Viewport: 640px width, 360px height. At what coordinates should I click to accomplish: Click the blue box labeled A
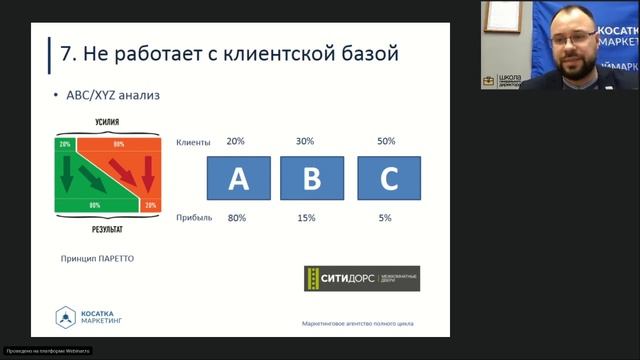coord(238,179)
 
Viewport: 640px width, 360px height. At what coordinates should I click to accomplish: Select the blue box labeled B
coord(312,179)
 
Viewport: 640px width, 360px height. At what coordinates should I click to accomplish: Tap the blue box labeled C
coord(388,179)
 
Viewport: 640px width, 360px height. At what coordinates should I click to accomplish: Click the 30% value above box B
coord(305,141)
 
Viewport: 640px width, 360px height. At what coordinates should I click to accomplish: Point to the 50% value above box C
coord(386,141)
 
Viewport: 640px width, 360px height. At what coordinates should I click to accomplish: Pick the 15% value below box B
coord(305,217)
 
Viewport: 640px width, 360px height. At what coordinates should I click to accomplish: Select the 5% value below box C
coord(385,217)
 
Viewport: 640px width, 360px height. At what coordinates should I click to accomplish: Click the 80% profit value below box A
coord(237,217)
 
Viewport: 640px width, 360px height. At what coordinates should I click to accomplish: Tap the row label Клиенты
coord(193,142)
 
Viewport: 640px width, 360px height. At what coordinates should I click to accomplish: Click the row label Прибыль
coord(194,217)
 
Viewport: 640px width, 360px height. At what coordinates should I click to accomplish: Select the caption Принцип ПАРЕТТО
coord(97,258)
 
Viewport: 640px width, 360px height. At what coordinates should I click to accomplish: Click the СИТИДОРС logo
coord(362,278)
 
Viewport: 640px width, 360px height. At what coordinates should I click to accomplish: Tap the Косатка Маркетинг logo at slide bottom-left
coord(85,317)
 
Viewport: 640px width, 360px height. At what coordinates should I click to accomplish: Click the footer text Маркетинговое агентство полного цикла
coord(357,323)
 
